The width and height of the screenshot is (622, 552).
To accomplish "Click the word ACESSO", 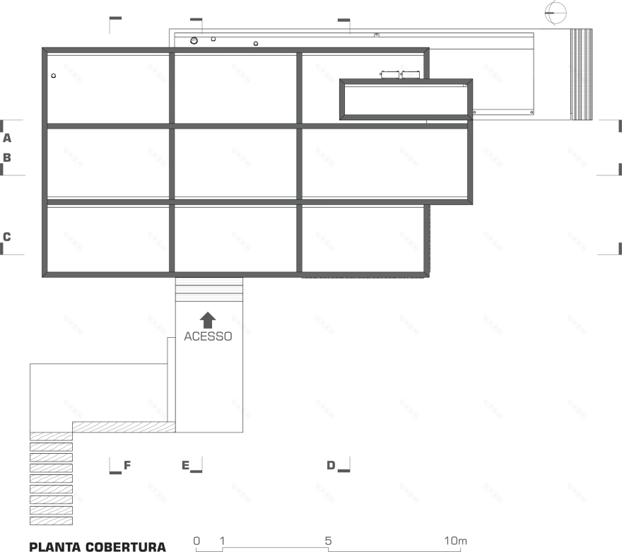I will pos(208,336).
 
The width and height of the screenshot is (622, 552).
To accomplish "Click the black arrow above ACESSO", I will pos(208,319).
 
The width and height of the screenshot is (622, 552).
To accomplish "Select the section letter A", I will pos(7,139).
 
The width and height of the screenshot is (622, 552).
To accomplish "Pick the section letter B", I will pos(7,158).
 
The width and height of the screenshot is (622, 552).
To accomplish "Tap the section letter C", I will pos(7,237).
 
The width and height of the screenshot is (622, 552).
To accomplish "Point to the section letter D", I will pos(331,465).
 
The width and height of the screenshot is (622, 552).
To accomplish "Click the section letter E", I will pos(186,465).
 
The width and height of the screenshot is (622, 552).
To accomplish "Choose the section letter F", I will pos(127,465).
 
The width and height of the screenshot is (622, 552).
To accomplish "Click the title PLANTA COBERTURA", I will pos(98,546).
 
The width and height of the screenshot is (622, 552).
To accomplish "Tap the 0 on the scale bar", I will pos(196,541).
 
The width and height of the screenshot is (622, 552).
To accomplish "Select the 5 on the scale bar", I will pos(329,541).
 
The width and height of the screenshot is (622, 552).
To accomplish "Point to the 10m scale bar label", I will pos(456,541).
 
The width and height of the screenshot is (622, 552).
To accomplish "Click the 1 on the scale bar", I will pos(223,541).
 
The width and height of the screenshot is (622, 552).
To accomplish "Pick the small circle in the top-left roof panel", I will pos(54,75).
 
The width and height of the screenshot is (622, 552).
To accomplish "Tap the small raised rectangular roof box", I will pos(406,100).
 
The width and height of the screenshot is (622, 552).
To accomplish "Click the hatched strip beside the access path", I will pos(124,427).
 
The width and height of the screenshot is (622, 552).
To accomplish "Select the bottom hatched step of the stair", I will pos(51,521).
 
